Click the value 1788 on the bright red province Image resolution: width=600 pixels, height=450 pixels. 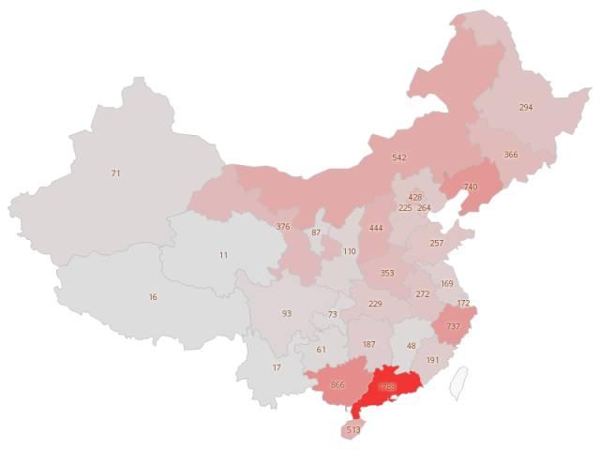pos(386,386)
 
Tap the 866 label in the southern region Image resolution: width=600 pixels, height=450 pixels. pos(338,385)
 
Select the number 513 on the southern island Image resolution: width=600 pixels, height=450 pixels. pos(353,430)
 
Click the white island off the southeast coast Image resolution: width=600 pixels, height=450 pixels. pos(458,382)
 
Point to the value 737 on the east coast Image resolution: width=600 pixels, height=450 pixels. pos(453,326)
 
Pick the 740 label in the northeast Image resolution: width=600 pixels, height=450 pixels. pos(470,187)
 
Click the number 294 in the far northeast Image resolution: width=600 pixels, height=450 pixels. pos(526,108)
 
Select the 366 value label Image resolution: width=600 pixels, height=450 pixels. pos(511,155)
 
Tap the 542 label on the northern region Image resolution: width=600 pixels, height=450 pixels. pos(399,157)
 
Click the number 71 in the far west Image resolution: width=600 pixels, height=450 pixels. pos(115,173)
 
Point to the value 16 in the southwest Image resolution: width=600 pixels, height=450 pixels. pos(153,297)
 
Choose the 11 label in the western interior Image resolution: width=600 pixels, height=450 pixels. pos(223,255)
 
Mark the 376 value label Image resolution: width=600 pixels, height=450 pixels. pos(283,227)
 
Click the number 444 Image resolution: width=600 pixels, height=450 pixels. pos(376,228)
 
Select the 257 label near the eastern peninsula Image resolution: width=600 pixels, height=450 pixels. pos(437,243)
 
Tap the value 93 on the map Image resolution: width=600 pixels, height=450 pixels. pos(287,313)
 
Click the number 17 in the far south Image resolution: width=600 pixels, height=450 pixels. pos(276,367)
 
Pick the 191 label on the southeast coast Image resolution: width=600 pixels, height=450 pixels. pos(432,360)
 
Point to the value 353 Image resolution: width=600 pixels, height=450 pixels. pos(387,273)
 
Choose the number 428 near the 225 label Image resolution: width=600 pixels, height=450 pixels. pos(414,198)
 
